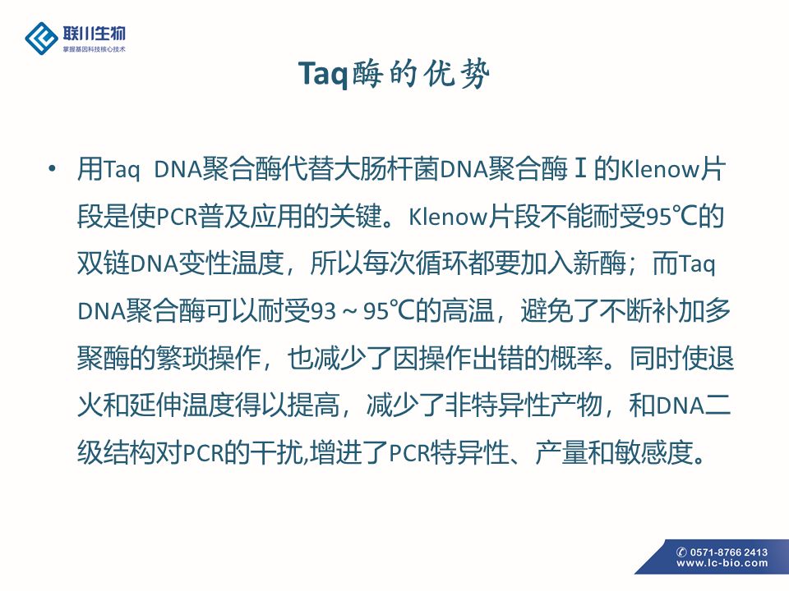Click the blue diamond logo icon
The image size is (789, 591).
[41, 39]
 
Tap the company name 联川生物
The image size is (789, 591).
[94, 34]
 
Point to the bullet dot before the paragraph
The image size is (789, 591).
[52, 168]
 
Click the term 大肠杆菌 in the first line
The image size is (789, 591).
[387, 169]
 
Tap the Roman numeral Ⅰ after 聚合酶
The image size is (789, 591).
[580, 169]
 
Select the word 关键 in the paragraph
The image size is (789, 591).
[355, 217]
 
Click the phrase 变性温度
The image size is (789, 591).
[232, 263]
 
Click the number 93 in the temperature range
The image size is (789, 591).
[323, 311]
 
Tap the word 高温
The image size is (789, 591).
[468, 310]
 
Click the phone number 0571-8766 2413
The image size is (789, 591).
[728, 552]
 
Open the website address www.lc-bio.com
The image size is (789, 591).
[722, 563]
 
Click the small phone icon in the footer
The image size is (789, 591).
[681, 552]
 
